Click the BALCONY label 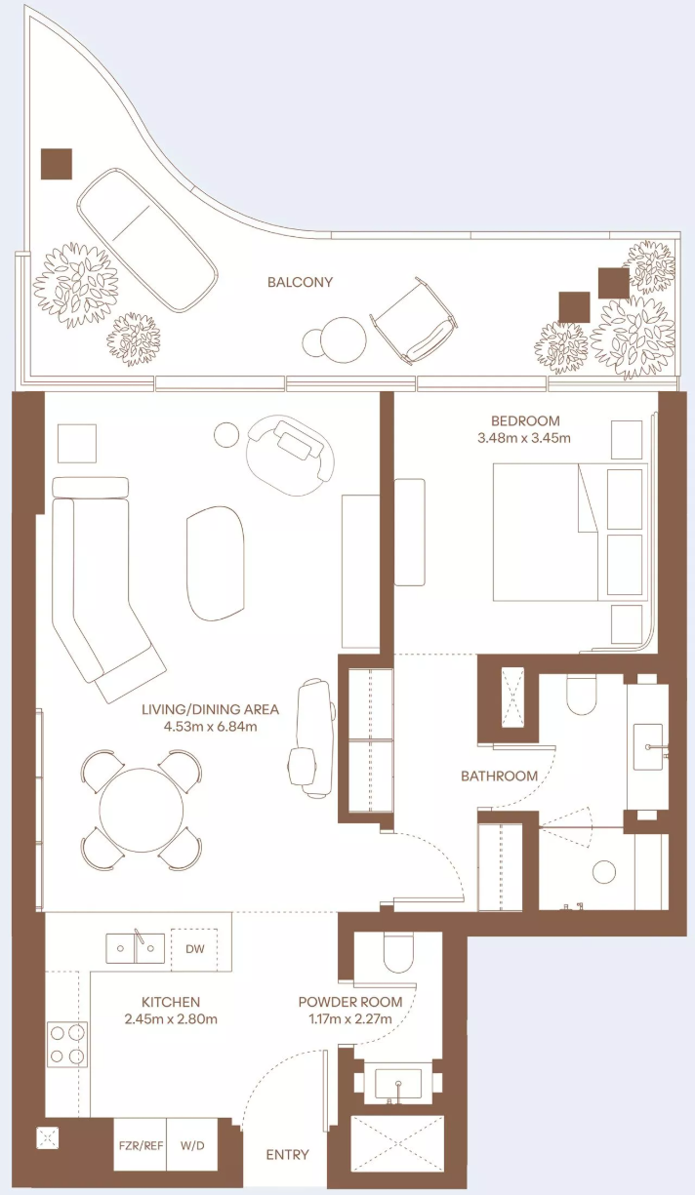tap(300, 282)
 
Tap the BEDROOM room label tap(525, 420)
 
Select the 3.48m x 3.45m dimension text tap(524, 438)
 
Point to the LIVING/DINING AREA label tap(210, 709)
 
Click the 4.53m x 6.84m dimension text tap(210, 727)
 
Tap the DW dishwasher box tap(194, 948)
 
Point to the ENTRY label tap(287, 1155)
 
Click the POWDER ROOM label tap(350, 1003)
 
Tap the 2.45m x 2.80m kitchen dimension tap(171, 1019)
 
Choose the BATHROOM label tap(499, 777)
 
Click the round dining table tap(142, 810)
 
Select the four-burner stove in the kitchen tap(66, 1044)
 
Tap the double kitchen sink tap(135, 948)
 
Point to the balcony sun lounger tap(147, 240)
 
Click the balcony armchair tap(415, 320)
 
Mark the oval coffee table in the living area tap(216, 564)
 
